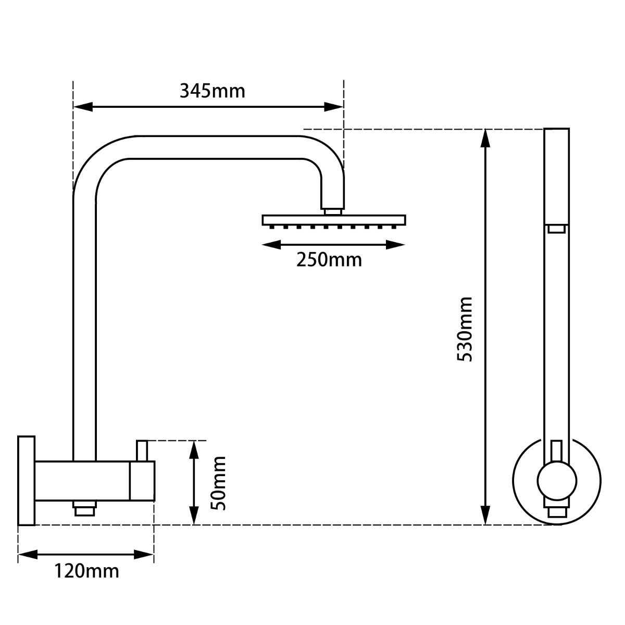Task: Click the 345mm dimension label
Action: [212, 91]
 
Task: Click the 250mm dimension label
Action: [329, 259]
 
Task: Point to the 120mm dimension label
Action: [87, 571]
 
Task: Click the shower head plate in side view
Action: [333, 220]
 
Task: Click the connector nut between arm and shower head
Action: [333, 211]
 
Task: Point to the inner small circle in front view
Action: [557, 480]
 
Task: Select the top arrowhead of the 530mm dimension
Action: [485, 138]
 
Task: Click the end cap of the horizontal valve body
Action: [142, 481]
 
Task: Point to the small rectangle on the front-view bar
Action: [557, 229]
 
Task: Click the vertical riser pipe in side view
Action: [84, 323]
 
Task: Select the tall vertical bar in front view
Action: [557, 312]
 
